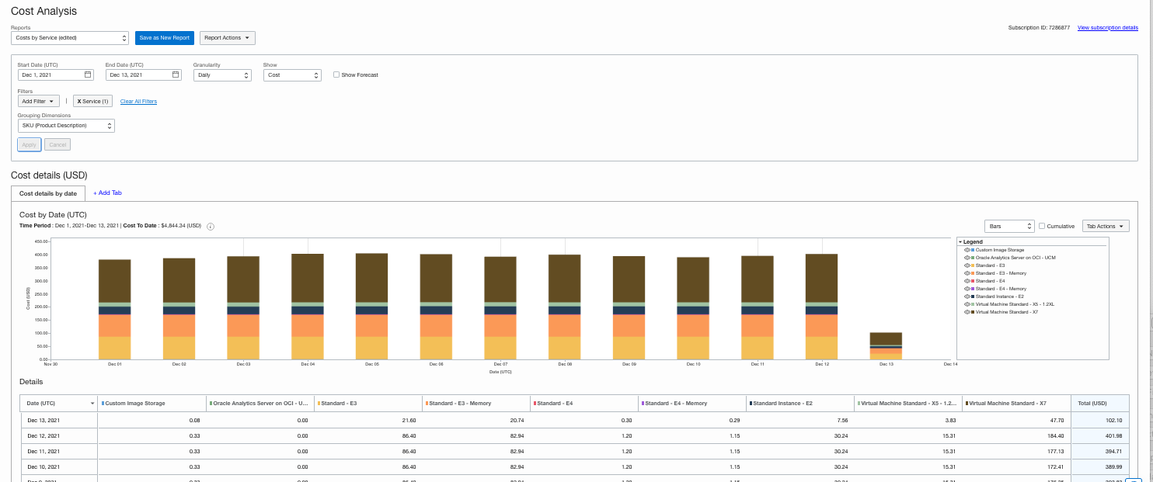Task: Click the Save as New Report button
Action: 165,38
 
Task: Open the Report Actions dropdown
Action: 227,38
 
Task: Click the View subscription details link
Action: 1107,27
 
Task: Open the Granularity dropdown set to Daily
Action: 222,75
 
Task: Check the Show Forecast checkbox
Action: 336,75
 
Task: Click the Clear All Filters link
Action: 138,102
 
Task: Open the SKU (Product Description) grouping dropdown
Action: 66,126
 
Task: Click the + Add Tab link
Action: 107,192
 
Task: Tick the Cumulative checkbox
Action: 1042,227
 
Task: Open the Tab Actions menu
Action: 1106,227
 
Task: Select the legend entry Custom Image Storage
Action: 999,250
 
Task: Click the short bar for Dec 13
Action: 886,346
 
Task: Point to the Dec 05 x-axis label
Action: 372,364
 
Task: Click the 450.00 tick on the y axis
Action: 41,241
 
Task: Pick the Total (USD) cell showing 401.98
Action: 1099,435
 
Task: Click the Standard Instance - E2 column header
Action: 784,404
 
